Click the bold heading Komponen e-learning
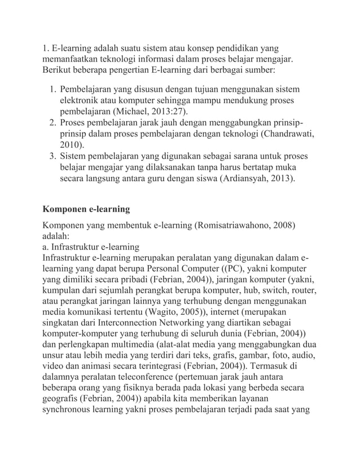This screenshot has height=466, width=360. coord(86,209)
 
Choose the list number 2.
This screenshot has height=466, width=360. coord(51,123)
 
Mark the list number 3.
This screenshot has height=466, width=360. coord(51,155)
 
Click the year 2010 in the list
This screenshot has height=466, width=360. coord(71,144)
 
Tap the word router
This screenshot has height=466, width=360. coord(302,291)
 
